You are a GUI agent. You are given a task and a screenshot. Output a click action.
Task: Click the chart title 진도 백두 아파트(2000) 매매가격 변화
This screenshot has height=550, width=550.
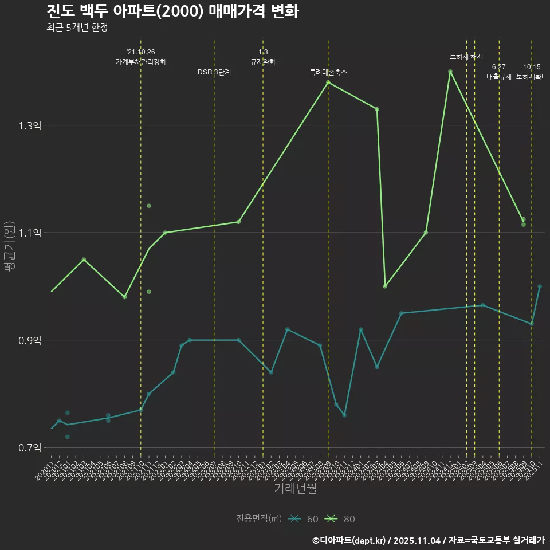(x=172, y=11)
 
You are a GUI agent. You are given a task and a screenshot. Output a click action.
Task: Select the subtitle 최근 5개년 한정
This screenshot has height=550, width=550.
(x=77, y=27)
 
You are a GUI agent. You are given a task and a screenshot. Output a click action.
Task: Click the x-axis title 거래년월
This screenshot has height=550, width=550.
(x=295, y=489)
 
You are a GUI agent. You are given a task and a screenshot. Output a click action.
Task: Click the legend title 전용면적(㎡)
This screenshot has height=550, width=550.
(x=258, y=519)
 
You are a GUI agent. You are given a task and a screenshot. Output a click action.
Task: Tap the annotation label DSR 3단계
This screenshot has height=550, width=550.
(x=214, y=72)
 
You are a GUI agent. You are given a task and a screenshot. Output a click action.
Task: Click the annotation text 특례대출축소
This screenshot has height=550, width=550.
(x=328, y=72)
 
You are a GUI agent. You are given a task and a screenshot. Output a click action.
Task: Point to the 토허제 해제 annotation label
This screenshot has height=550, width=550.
(x=466, y=57)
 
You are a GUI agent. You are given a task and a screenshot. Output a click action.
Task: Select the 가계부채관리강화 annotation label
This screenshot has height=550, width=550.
(x=141, y=62)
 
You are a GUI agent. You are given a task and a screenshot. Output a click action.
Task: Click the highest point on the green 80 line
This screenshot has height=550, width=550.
(x=450, y=72)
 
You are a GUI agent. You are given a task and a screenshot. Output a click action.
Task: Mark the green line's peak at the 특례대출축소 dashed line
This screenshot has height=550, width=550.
(x=328, y=82)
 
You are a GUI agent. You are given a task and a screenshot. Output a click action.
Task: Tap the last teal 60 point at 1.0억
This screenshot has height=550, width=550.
(x=540, y=286)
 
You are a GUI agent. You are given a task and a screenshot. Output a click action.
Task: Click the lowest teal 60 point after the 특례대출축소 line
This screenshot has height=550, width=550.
(x=344, y=415)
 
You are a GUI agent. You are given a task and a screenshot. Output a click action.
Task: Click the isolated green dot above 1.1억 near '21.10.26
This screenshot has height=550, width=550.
(x=149, y=206)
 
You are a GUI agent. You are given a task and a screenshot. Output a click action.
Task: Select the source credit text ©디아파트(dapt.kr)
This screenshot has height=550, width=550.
(x=349, y=540)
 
